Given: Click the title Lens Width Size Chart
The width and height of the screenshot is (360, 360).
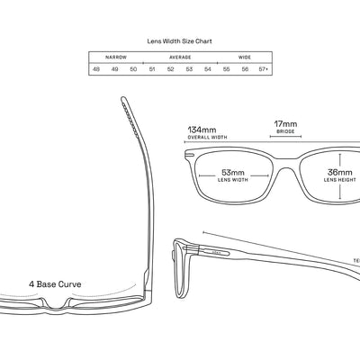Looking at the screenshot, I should (179, 40).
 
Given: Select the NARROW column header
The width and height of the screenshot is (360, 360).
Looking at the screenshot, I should (115, 56).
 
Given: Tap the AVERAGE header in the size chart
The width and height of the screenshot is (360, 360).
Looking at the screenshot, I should (179, 56).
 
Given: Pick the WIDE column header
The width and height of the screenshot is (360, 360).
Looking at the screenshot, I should (244, 56).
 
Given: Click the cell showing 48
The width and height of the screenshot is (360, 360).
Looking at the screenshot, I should (96, 68).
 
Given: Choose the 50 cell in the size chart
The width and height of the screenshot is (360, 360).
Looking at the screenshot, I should (133, 68).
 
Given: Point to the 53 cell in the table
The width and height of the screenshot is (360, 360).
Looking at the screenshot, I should (189, 68).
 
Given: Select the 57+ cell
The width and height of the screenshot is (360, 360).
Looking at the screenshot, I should (264, 68).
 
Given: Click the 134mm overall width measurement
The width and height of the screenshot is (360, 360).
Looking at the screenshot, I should (202, 130).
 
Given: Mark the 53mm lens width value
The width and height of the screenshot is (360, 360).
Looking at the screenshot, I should (232, 171).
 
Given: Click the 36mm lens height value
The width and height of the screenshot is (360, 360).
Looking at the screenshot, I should (339, 171).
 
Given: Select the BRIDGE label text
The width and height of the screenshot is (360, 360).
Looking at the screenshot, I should (286, 131).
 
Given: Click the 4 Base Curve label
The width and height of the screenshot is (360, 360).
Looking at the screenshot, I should (55, 283).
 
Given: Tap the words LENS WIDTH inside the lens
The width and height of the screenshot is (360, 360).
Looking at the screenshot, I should (232, 180).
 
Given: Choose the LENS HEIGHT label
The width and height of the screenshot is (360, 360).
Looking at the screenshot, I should (339, 180).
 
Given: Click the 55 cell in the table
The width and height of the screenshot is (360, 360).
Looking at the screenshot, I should (226, 68).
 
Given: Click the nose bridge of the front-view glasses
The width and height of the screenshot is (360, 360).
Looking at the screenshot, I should (286, 155).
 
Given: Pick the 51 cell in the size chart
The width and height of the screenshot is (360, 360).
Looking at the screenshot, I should (152, 68).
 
